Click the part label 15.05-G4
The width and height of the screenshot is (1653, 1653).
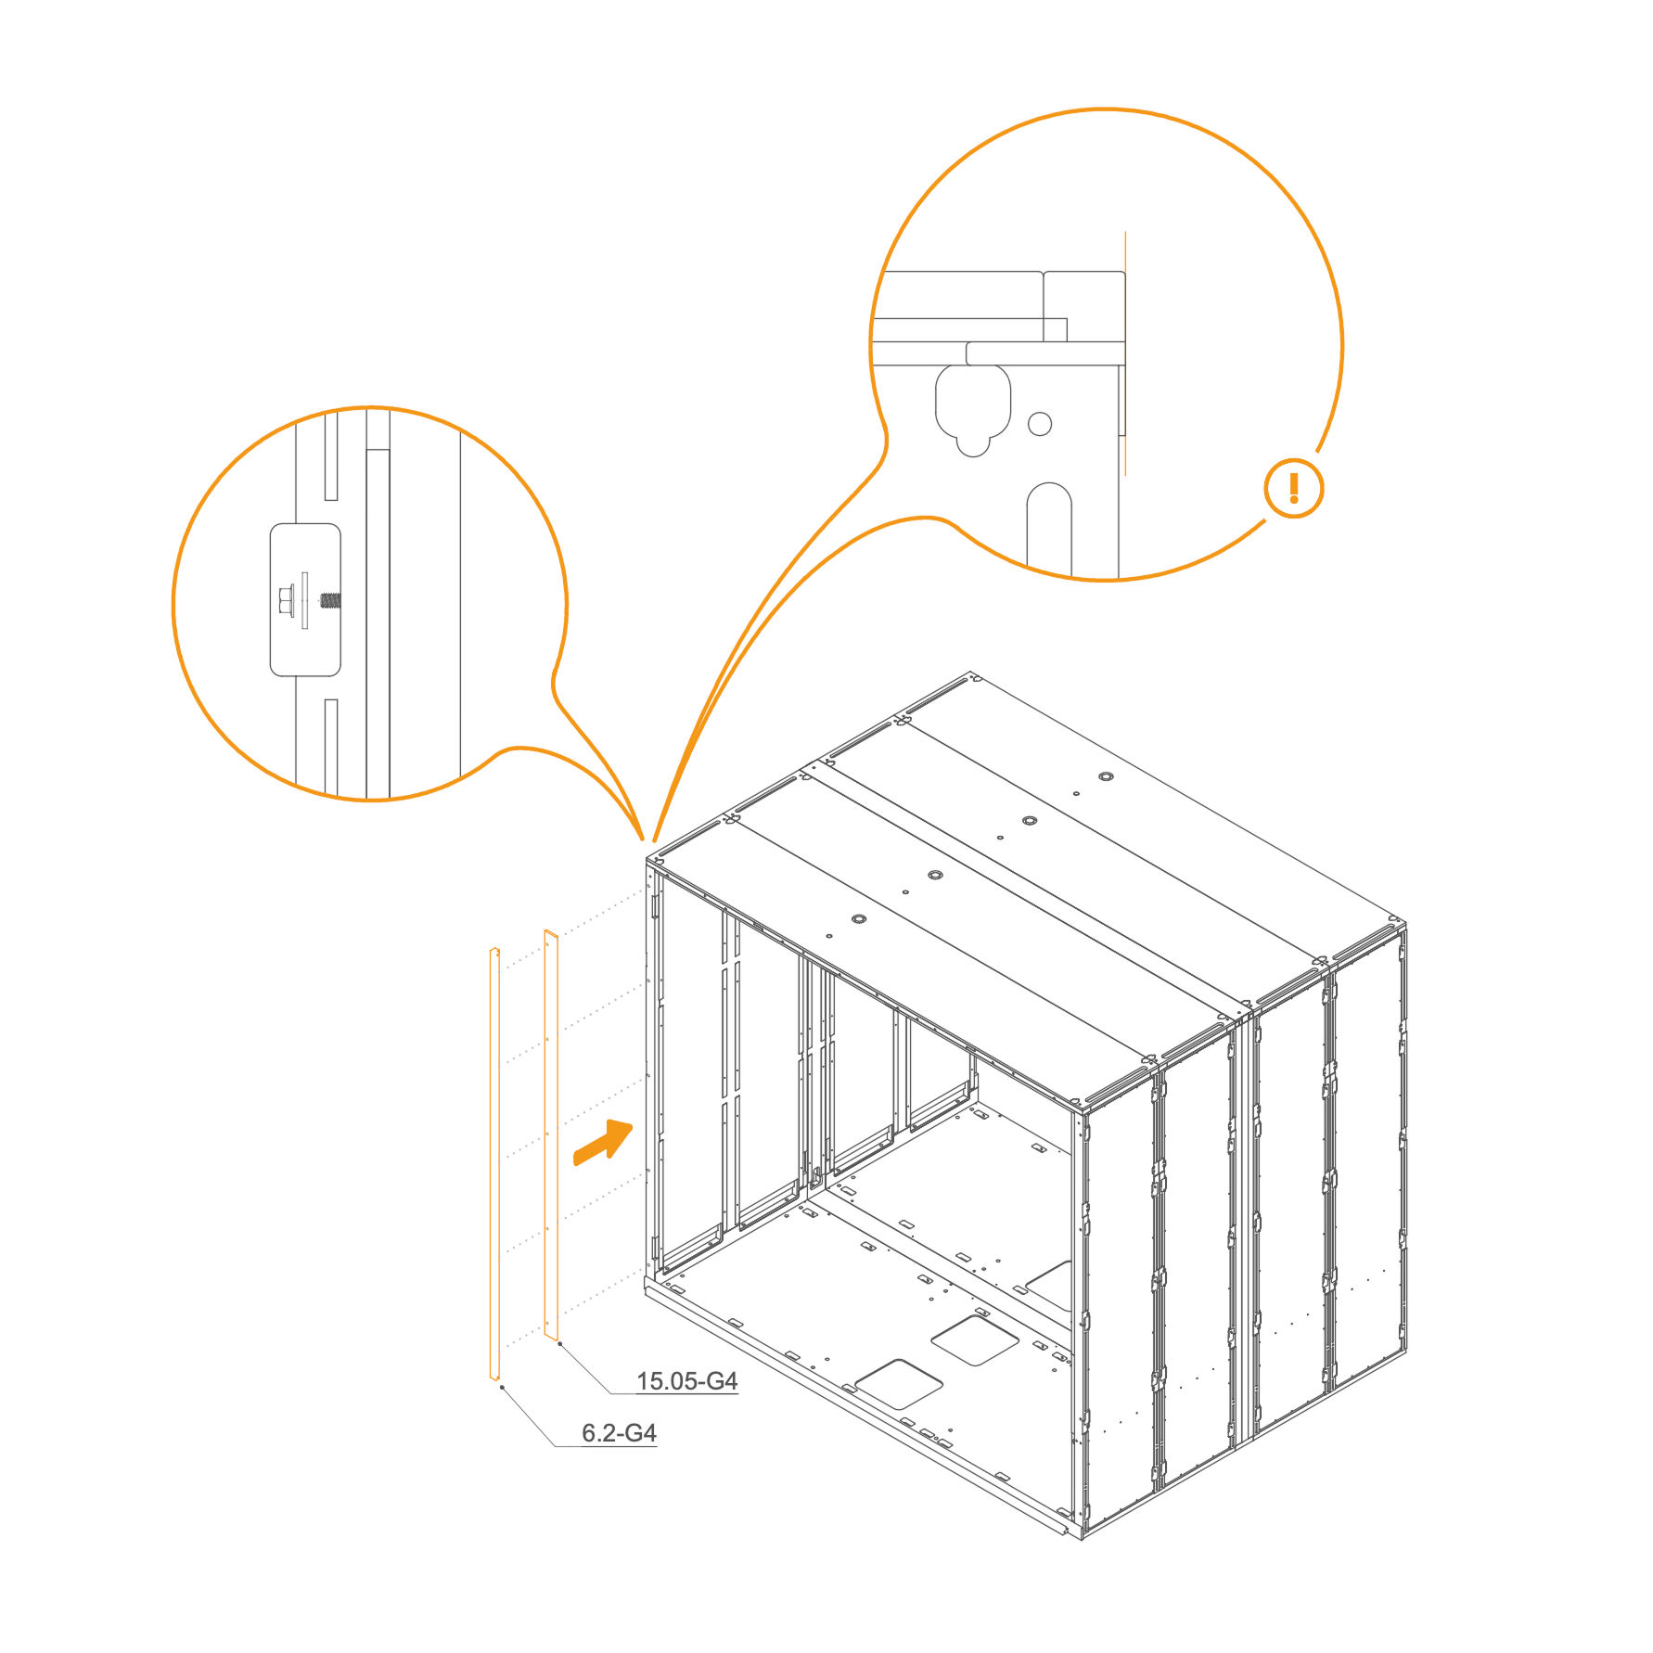point(686,1381)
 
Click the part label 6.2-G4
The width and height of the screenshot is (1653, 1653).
point(619,1433)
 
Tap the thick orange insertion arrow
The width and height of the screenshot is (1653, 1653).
point(604,1141)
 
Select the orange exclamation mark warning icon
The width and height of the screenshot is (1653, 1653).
point(1293,488)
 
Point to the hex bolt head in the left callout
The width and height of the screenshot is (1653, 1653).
point(286,600)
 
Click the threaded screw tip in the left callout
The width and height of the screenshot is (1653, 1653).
point(330,600)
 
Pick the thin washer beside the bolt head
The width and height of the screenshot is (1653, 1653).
point(304,600)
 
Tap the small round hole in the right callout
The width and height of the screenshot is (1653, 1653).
point(1040,424)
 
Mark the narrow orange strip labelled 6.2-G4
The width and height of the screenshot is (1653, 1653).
point(494,1164)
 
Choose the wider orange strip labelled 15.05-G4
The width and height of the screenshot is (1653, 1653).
point(551,1136)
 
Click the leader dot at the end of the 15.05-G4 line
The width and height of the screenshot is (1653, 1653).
point(559,1343)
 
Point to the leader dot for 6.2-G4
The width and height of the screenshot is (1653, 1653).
point(502,1388)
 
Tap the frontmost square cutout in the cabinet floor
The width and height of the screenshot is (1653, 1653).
point(899,1384)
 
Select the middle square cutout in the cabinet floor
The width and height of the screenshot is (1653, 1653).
point(975,1339)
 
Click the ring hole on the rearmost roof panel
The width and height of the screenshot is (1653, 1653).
point(1105,776)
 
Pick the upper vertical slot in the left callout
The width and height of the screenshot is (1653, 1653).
point(330,456)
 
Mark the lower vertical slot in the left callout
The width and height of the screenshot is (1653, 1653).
point(330,747)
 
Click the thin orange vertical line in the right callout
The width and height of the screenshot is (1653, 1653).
point(1125,352)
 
